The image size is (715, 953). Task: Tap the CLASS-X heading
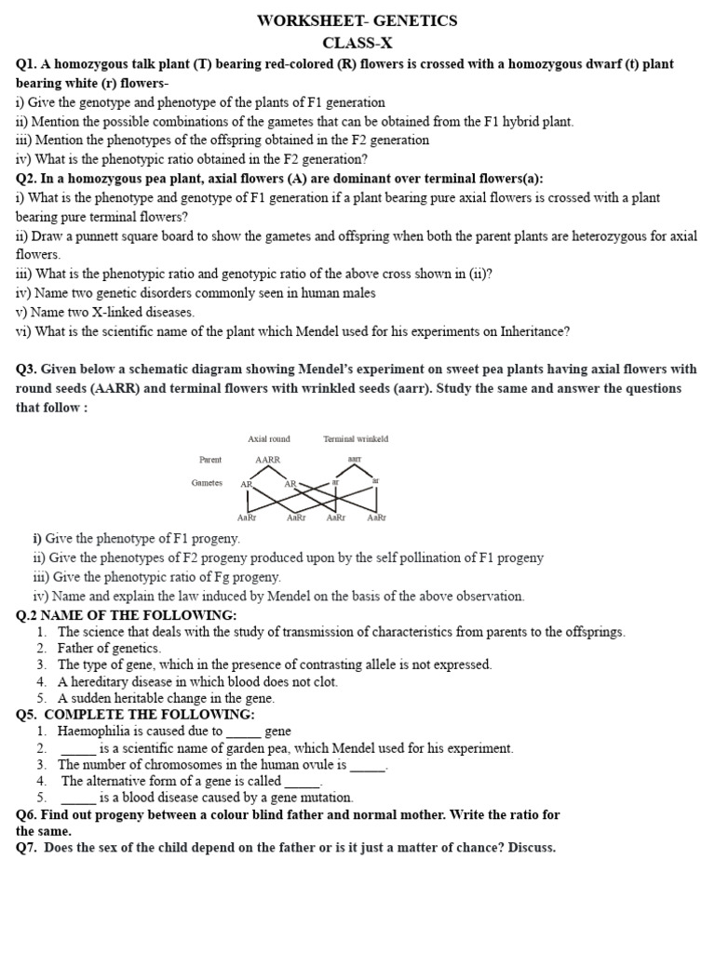(x=357, y=43)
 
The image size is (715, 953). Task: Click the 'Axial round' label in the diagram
(x=269, y=438)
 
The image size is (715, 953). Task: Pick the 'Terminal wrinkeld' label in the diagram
(x=356, y=438)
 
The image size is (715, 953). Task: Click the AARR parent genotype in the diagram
(x=267, y=460)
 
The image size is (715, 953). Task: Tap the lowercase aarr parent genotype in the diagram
(x=355, y=460)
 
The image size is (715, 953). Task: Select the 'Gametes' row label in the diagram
(x=207, y=483)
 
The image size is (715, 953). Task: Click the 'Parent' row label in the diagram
(x=210, y=460)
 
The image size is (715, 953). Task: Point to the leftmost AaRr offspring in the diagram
(x=247, y=517)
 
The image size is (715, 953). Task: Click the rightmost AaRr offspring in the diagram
(x=376, y=517)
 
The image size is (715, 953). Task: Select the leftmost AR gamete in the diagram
(x=247, y=484)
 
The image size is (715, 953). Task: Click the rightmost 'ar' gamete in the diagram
(x=376, y=481)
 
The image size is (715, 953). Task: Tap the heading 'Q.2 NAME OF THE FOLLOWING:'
(x=127, y=615)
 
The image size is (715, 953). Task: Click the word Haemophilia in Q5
(x=93, y=732)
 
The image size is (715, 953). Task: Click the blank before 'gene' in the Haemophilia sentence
(x=243, y=732)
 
